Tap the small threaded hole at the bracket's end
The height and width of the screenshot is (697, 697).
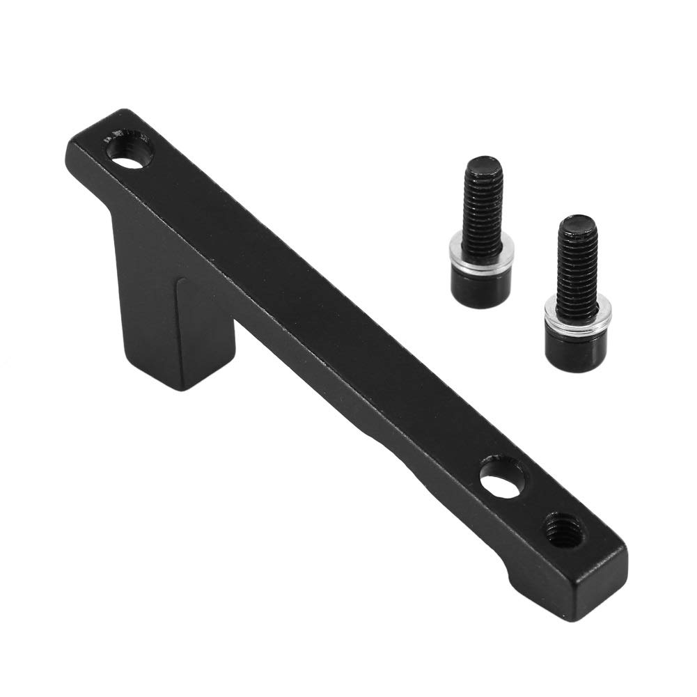(563, 529)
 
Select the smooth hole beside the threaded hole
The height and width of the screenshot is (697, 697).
(503, 483)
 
